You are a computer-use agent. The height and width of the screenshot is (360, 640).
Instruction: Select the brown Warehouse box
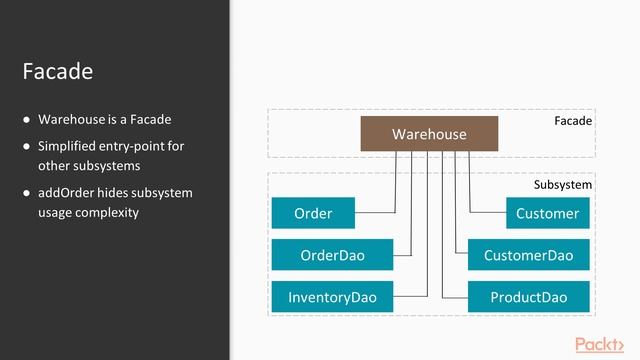[x=429, y=134]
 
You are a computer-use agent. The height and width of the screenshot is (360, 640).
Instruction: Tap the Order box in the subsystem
[x=313, y=213]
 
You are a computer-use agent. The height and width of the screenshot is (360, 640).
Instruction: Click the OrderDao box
[x=332, y=255]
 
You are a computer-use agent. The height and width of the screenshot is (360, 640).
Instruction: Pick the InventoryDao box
[x=332, y=297]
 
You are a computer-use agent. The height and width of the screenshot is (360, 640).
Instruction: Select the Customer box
[x=547, y=213]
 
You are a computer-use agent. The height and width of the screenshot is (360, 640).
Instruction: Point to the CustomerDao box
[x=528, y=255]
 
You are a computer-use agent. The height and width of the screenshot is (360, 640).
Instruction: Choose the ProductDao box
[x=528, y=297]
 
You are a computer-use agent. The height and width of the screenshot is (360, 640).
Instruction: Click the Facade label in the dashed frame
[x=573, y=121]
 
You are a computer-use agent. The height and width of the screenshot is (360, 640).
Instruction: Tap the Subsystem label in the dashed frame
[x=562, y=185]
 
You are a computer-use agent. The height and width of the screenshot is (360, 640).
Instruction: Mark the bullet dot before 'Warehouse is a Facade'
[x=27, y=120]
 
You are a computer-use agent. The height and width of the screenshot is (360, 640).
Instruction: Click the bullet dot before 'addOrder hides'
[x=27, y=193]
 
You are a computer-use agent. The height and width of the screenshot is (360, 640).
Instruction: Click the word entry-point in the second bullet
[x=131, y=146]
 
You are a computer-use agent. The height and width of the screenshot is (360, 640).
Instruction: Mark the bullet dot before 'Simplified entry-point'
[x=27, y=147]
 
